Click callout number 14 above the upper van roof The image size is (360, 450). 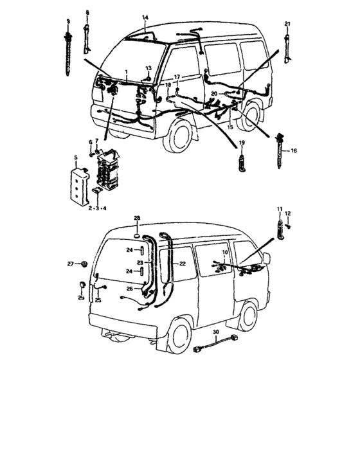tap(145, 17)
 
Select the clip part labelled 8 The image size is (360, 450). tap(87, 39)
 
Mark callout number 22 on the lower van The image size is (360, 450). tap(182, 264)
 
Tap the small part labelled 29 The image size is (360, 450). tap(82, 285)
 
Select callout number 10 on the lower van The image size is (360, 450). tap(225, 252)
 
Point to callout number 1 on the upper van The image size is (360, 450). tap(126, 72)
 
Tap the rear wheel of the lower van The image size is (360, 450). tap(179, 337)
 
